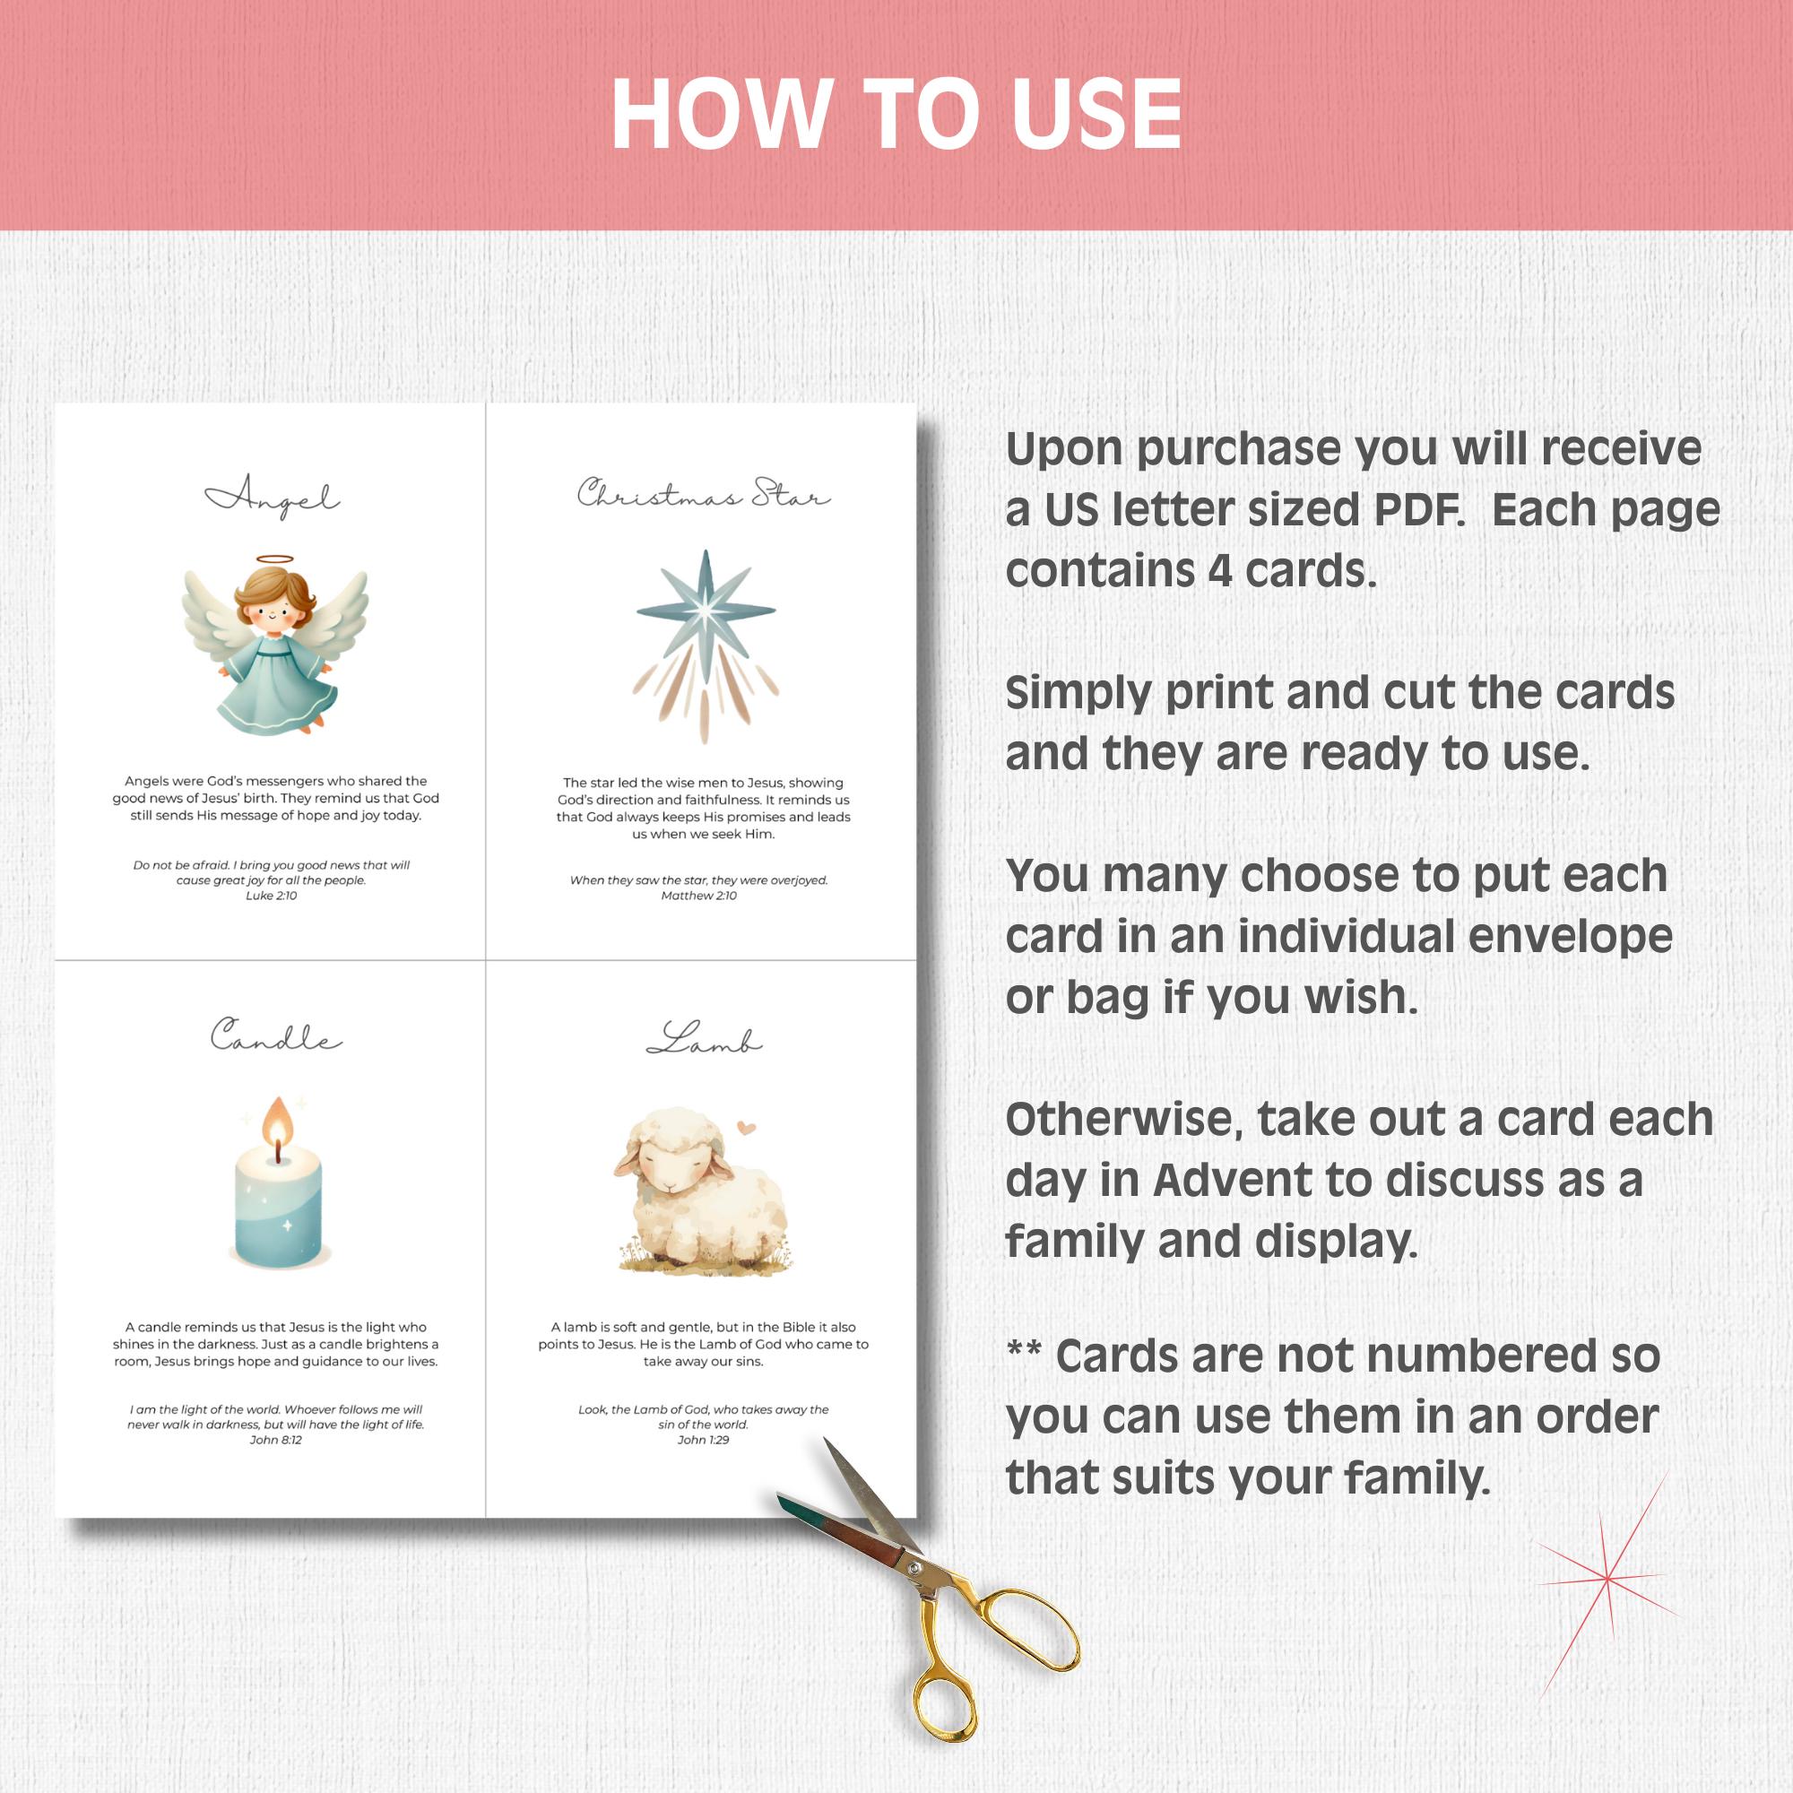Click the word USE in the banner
[x=1097, y=113]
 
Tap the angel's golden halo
[x=273, y=559]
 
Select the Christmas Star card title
[x=704, y=493]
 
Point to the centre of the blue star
[x=706, y=610]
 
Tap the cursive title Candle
[x=275, y=1035]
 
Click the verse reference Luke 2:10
[x=271, y=896]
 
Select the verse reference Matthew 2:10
[x=699, y=896]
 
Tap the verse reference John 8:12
[x=275, y=1440]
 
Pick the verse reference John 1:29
[x=704, y=1440]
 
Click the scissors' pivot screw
[x=915, y=1567]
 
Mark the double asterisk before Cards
[x=1024, y=1348]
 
